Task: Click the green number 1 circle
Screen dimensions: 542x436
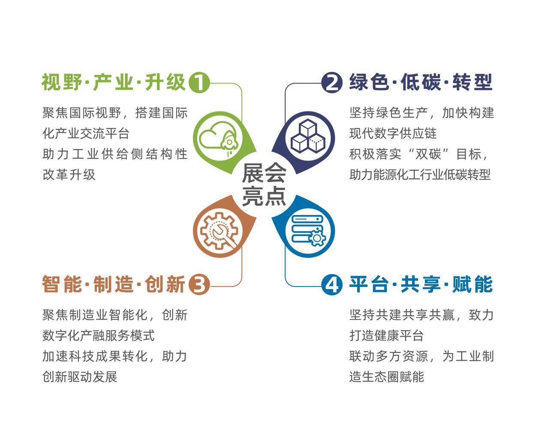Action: point(199,83)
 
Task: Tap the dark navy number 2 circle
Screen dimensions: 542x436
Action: point(332,83)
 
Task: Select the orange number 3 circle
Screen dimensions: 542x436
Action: point(199,284)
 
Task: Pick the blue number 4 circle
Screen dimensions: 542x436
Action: point(332,284)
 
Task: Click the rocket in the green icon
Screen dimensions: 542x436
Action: point(229,143)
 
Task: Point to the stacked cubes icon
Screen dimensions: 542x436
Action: point(308,136)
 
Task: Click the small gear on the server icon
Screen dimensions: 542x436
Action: point(317,238)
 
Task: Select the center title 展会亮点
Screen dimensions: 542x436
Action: point(264,185)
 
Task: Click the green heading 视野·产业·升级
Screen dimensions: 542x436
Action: point(114,82)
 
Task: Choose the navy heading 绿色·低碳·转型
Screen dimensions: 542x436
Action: point(421,82)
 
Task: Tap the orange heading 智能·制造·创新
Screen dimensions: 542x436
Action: point(114,284)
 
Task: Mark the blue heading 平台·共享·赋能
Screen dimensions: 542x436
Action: point(421,284)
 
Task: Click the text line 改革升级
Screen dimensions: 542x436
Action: point(69,175)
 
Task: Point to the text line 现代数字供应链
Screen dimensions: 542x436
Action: point(393,133)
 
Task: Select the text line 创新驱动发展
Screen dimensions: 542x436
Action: point(80,376)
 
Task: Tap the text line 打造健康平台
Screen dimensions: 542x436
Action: point(386,335)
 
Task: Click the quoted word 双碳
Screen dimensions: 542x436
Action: point(428,154)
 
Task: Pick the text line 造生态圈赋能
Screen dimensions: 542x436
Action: point(387,376)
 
